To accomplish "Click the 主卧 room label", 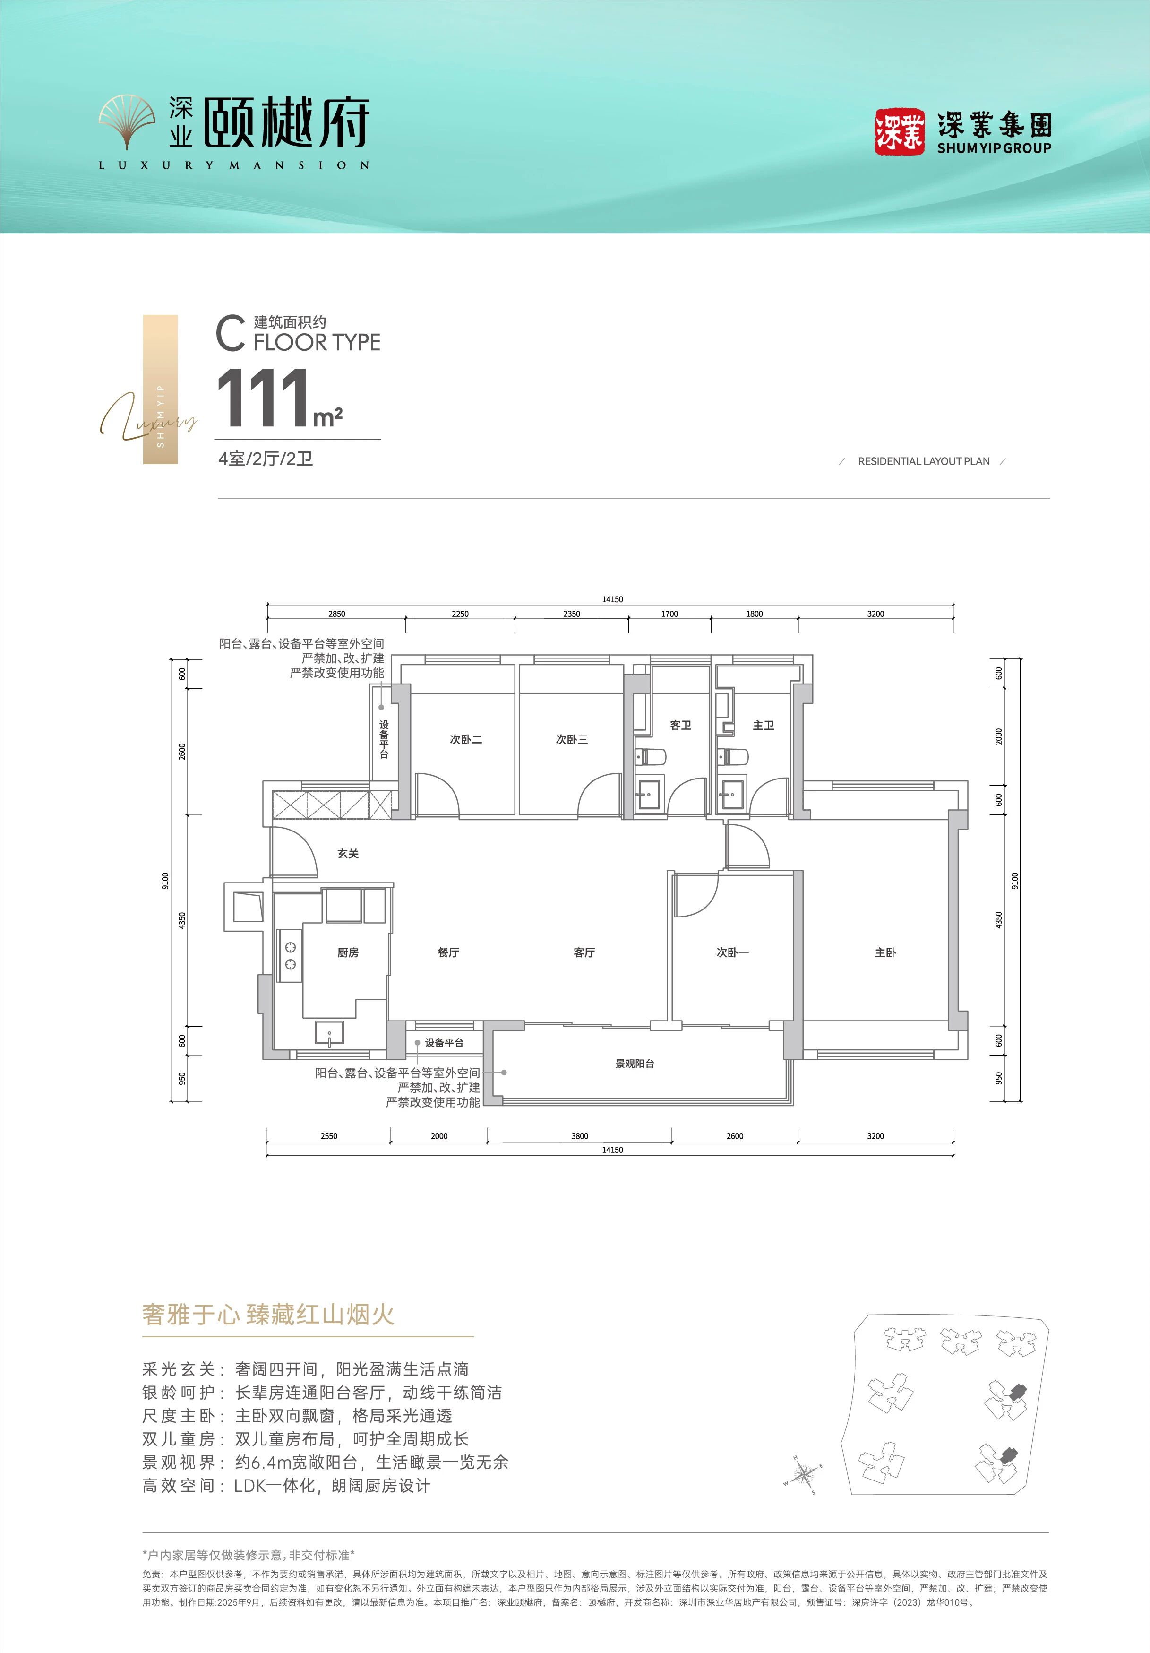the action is tap(885, 952).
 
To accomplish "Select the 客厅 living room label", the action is tap(584, 952).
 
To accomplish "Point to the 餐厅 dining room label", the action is tap(448, 952).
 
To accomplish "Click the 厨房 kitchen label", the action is tap(348, 952).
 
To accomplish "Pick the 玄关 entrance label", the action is tap(348, 853).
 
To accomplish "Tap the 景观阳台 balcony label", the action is tap(635, 1064).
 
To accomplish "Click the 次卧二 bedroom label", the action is tap(465, 739).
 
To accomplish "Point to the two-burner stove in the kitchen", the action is tap(290, 955).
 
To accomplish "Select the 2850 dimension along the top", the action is tap(337, 614).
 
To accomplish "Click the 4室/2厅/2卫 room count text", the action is tap(266, 459).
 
